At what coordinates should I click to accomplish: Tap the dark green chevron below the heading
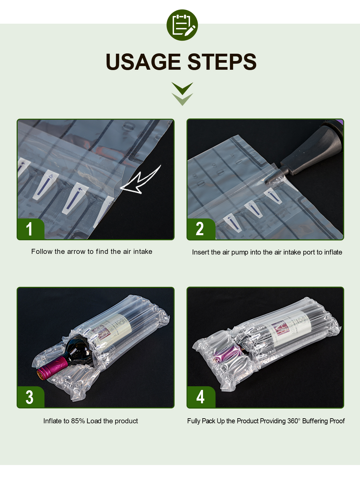pos(182,88)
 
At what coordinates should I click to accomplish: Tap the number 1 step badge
pos(31,229)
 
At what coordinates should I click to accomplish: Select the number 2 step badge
pos(201,229)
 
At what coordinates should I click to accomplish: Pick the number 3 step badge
pos(31,397)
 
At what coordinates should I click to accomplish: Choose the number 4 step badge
pos(201,397)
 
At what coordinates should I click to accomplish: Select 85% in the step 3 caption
pos(78,421)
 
